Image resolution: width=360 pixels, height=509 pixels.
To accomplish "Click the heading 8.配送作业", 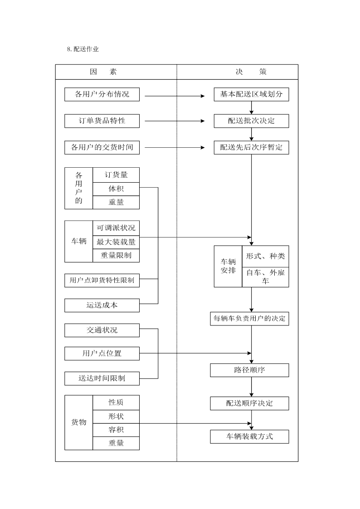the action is (x=83, y=49).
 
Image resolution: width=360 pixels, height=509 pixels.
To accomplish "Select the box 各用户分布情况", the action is (x=102, y=94).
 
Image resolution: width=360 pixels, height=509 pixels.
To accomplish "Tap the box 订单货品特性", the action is (x=102, y=121).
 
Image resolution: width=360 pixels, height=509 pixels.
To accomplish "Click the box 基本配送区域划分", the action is (x=251, y=94).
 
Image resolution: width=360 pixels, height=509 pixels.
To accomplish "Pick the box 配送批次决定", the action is (x=251, y=121).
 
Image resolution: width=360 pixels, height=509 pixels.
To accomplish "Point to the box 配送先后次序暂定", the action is (x=251, y=147).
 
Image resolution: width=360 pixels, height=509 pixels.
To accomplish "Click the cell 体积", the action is (x=116, y=189).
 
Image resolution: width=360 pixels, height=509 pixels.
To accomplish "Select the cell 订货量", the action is (x=116, y=175).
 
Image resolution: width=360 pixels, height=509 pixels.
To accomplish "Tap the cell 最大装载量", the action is (x=116, y=242).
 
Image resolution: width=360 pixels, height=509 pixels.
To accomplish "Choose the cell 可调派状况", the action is (x=116, y=228).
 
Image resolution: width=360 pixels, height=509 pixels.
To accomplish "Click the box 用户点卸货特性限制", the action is (x=102, y=280).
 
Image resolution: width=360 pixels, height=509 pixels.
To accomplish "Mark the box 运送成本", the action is (x=102, y=305).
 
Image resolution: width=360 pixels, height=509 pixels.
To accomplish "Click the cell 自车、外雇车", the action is (x=265, y=277).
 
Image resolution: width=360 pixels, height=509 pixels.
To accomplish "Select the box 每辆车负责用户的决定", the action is (x=249, y=319).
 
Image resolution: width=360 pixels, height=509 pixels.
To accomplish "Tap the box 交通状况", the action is (x=102, y=330).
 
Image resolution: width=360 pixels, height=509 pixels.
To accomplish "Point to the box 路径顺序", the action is (x=249, y=370).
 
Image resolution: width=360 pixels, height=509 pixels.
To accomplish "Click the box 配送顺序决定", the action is (x=249, y=403).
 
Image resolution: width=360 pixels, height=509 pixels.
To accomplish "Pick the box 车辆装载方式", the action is (x=249, y=436).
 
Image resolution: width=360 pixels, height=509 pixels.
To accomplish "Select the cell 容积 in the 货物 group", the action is (x=116, y=430).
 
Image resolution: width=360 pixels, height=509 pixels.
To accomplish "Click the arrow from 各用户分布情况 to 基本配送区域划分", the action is (x=175, y=96).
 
